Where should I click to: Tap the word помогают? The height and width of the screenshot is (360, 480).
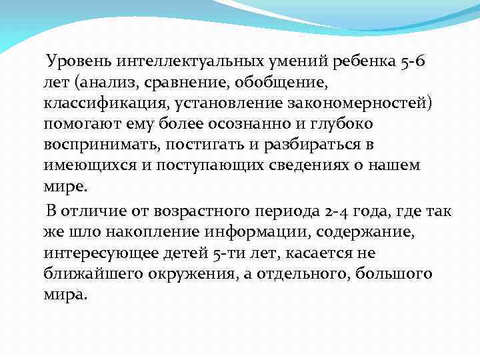tap(79, 125)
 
